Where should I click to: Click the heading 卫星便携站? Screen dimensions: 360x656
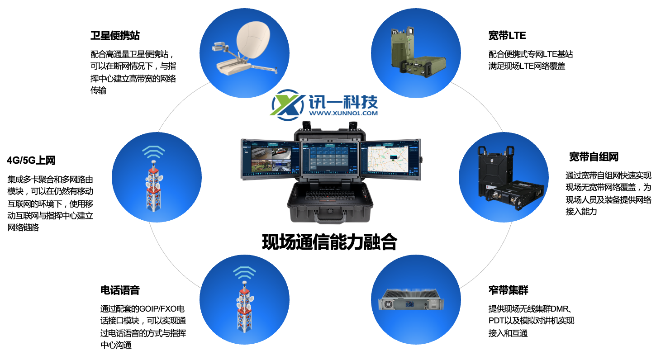coord(115,36)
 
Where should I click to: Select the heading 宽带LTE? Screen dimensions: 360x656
coord(507,36)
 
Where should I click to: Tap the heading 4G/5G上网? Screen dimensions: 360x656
coord(31,161)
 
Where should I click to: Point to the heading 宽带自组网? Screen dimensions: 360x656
coord(594,157)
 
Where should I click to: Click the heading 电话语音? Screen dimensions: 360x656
coord(120,290)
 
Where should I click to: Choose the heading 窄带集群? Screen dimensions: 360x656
coord(508,290)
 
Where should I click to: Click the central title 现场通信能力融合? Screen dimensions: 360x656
coord(329,242)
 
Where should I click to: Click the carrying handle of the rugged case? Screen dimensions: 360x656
coord(329,218)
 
